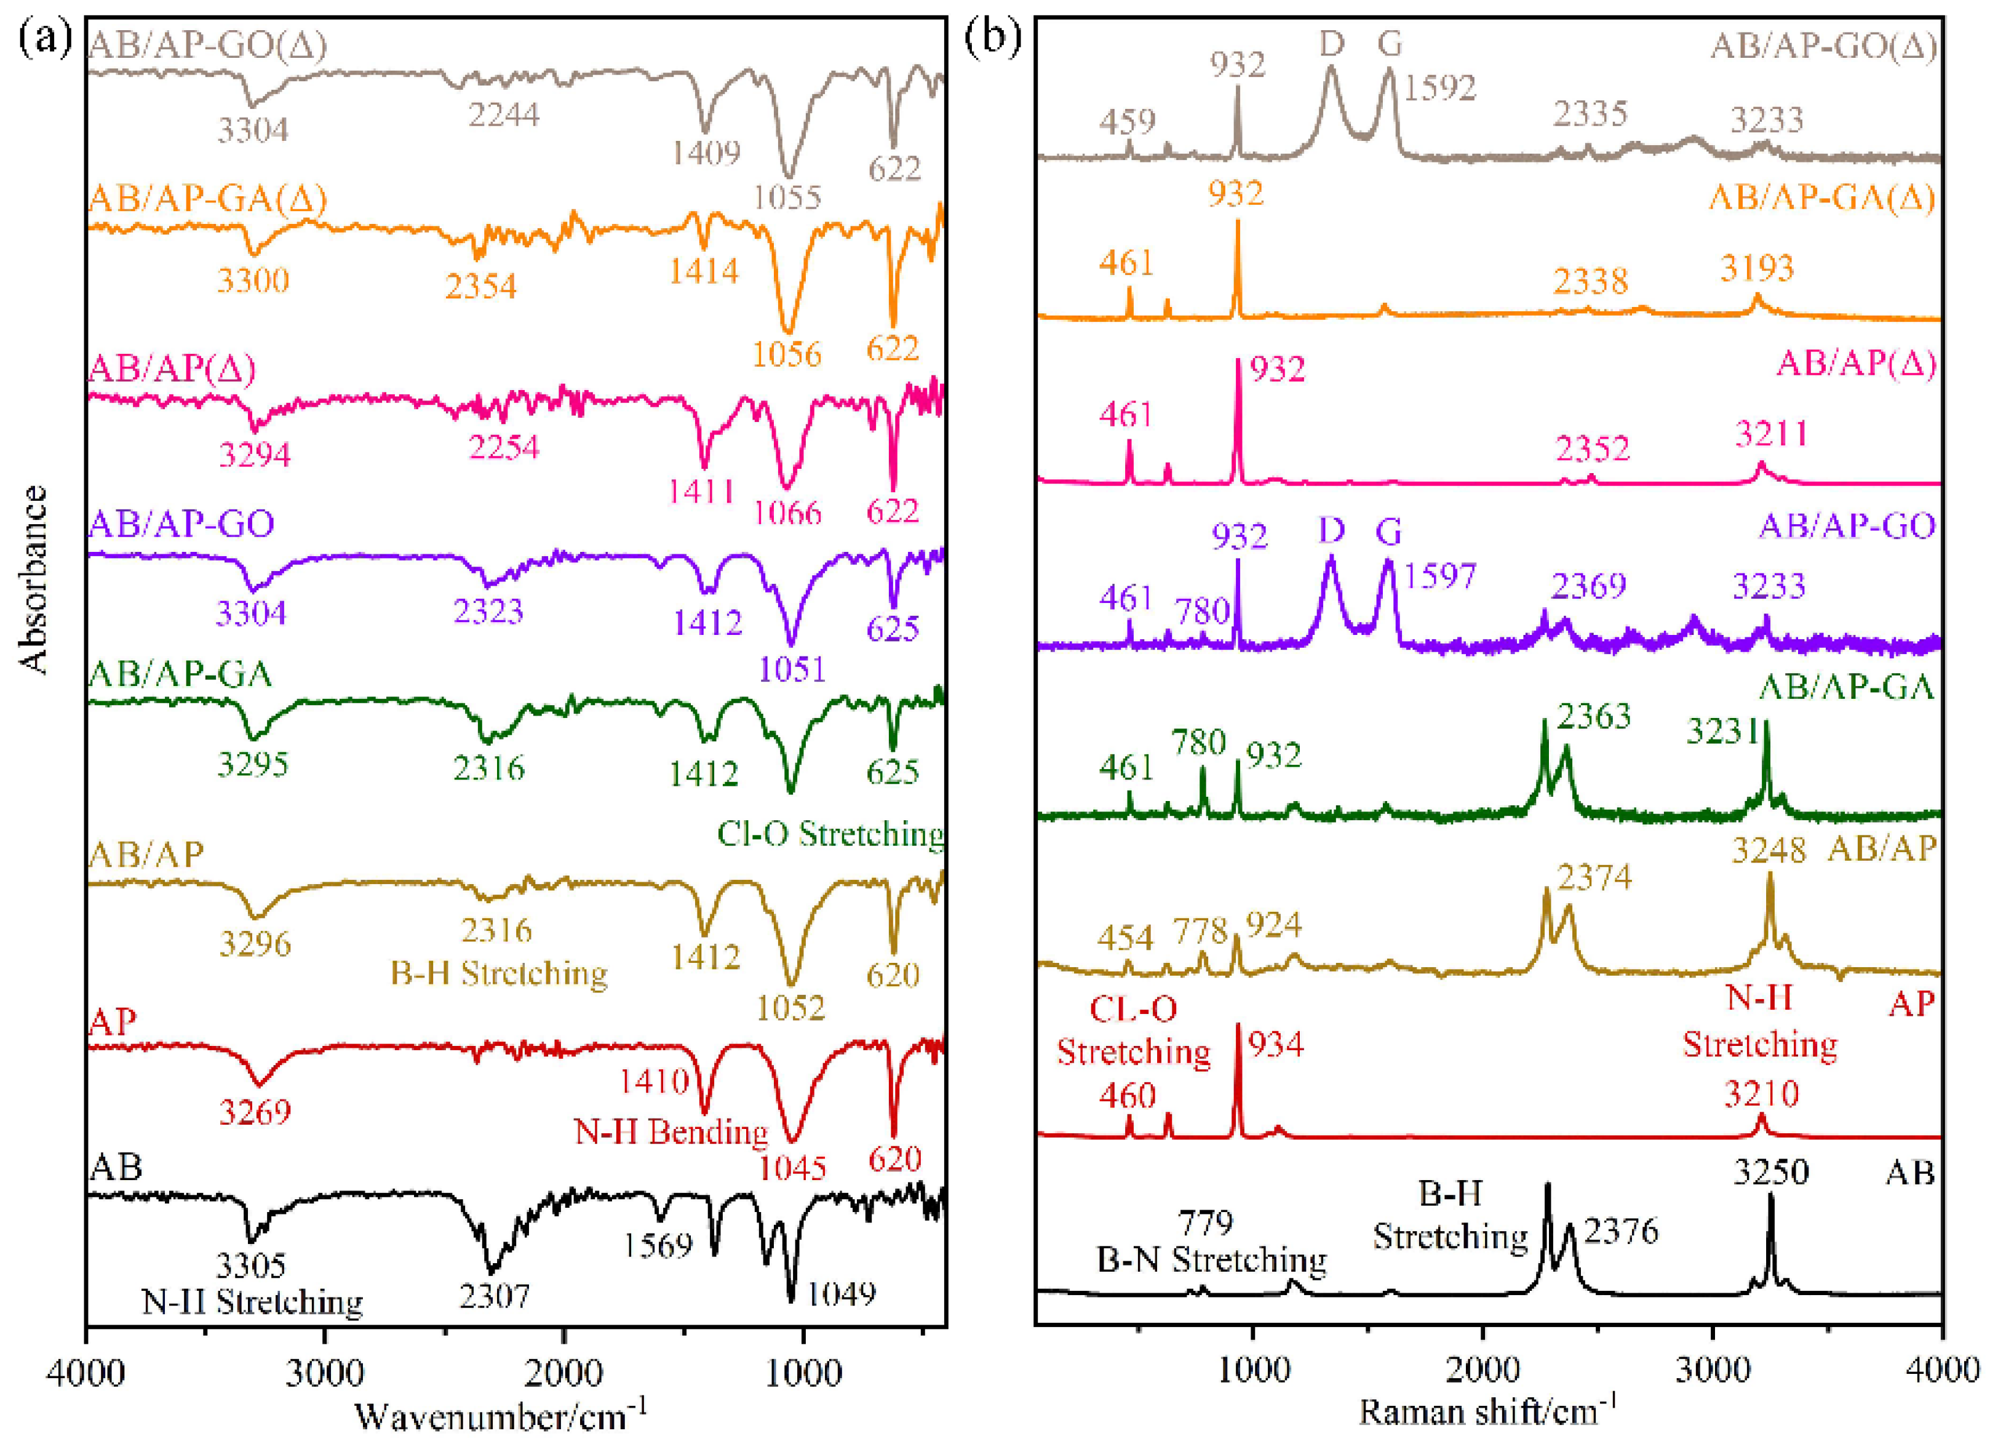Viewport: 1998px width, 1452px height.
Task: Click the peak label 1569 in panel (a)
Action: [659, 1245]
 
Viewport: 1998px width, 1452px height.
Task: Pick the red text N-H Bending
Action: [671, 1131]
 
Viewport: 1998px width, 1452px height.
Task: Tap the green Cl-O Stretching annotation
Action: [830, 834]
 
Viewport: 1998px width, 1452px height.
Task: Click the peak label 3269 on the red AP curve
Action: [255, 1112]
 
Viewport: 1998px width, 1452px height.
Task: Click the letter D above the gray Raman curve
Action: [1331, 42]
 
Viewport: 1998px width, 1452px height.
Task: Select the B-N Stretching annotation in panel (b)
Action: [1211, 1260]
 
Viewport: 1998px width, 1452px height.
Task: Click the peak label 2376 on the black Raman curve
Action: [1621, 1231]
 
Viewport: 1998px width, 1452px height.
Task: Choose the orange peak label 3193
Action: [1757, 268]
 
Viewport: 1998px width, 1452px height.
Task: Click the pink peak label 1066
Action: [787, 513]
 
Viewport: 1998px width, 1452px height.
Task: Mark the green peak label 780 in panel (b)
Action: [1199, 743]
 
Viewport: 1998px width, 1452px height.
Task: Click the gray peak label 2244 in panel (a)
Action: [504, 114]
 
